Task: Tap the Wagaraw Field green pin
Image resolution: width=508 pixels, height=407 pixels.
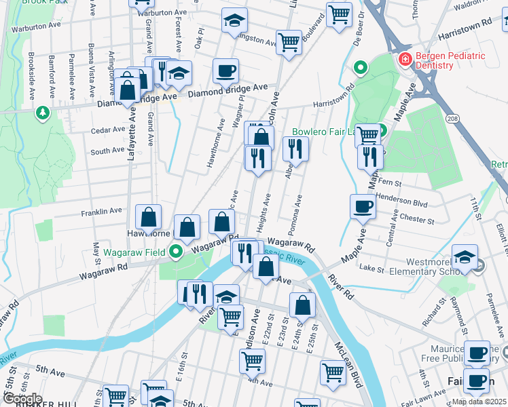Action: coord(177,253)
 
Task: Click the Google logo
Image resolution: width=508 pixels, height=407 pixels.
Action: coord(22,399)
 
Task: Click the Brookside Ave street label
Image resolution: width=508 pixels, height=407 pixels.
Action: coord(31,73)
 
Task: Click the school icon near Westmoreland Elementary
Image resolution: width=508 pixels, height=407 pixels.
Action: coord(465,256)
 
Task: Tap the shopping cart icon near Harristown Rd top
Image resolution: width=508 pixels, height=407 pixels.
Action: coord(339,14)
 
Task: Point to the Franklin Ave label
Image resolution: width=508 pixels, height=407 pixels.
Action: coord(101,212)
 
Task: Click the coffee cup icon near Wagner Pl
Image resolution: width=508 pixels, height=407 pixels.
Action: coord(225,70)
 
